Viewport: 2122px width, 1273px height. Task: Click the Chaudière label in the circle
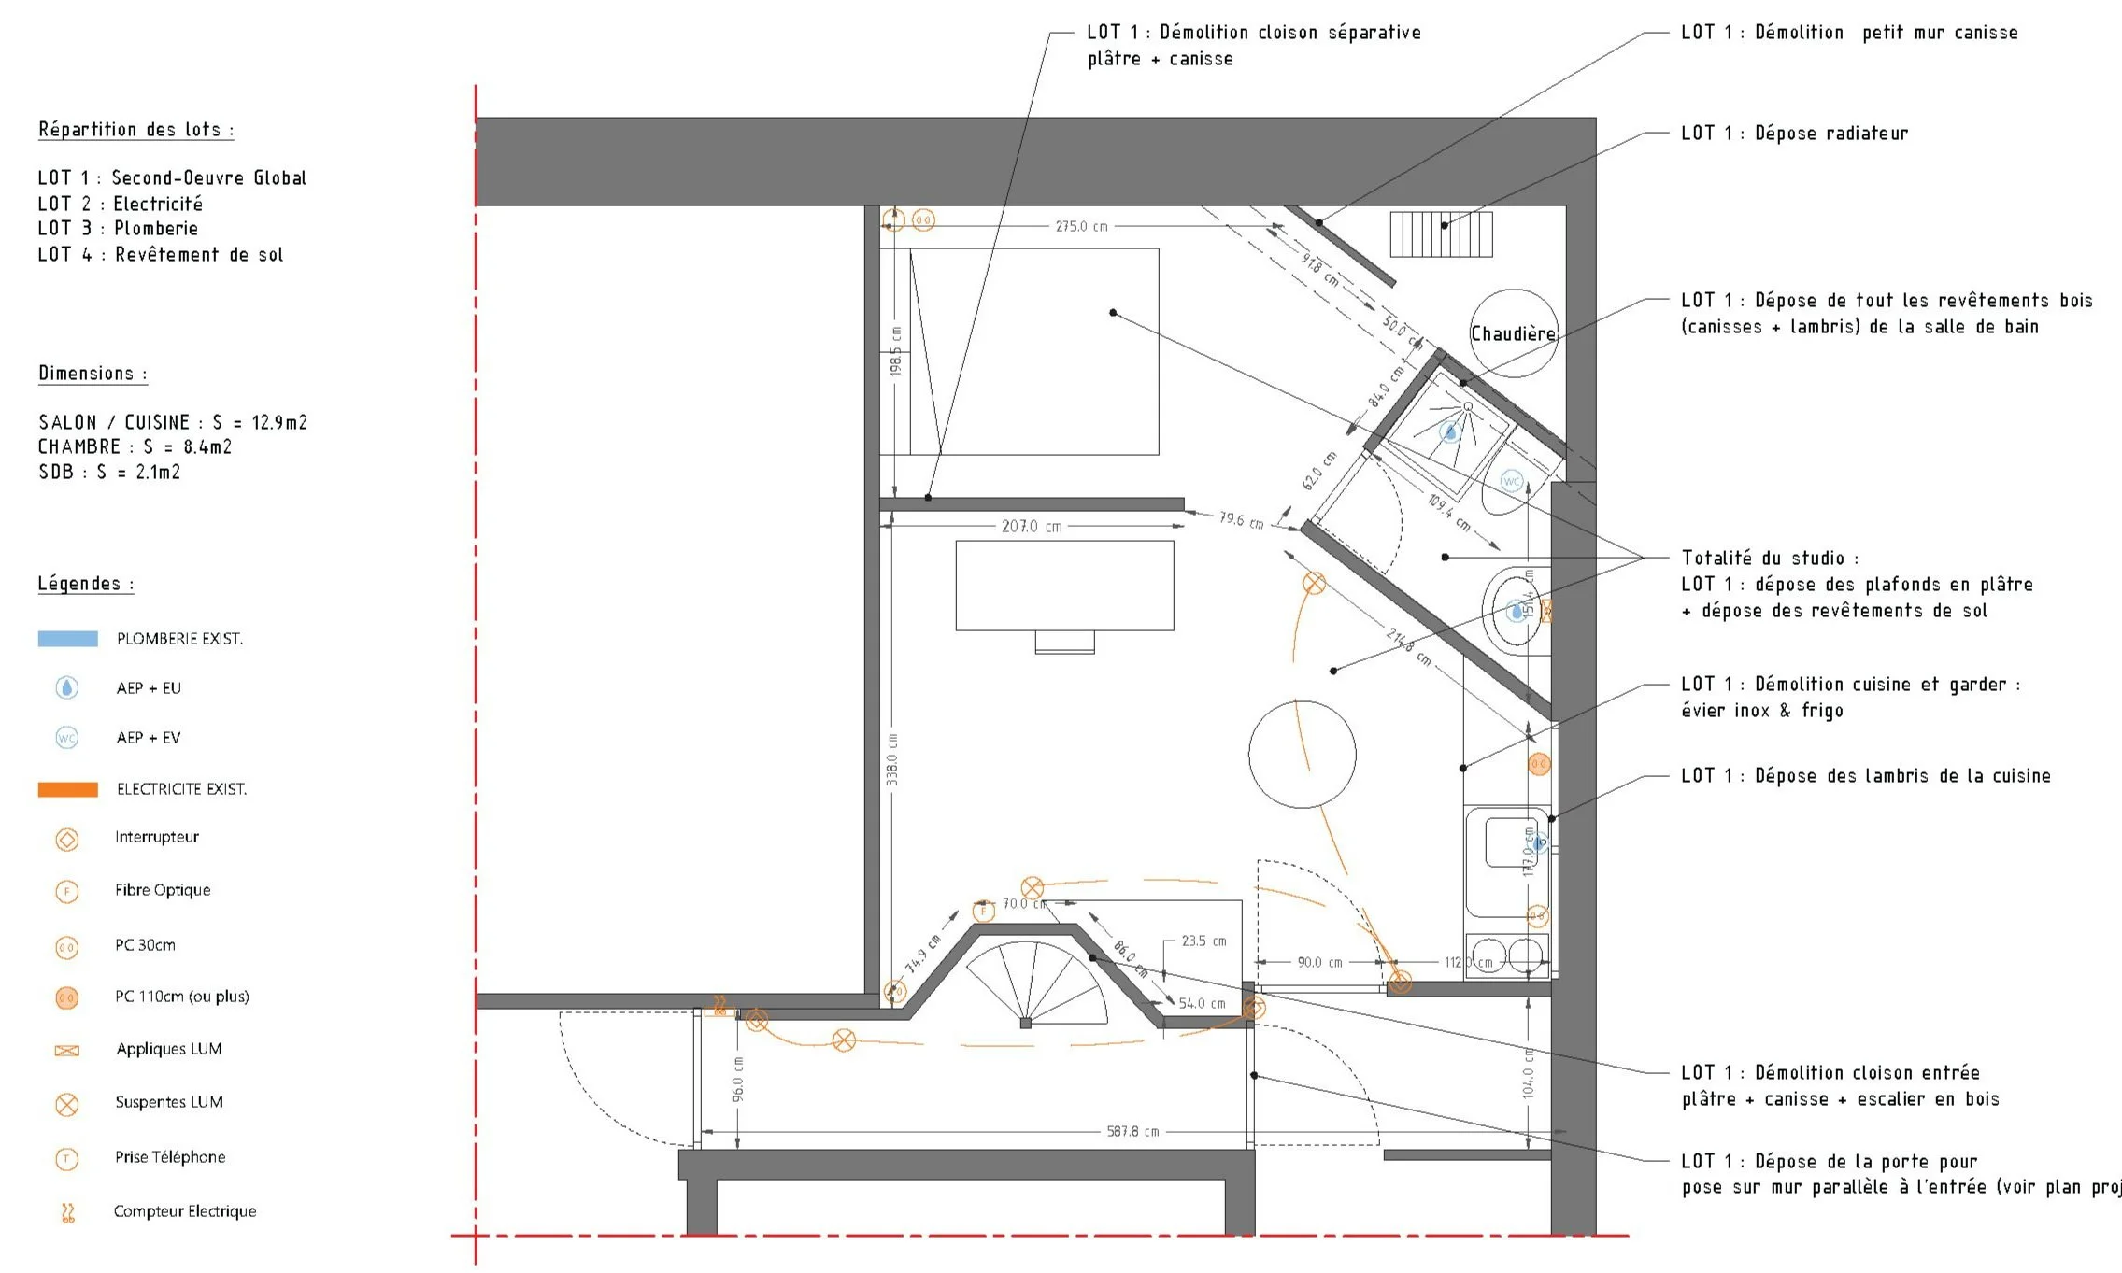tap(1513, 334)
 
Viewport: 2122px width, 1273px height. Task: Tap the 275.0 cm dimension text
tap(1081, 226)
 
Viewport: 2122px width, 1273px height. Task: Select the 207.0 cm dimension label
tap(1032, 527)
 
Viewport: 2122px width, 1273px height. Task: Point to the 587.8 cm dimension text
tap(1132, 1132)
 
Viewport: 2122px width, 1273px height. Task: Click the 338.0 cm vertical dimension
tap(892, 758)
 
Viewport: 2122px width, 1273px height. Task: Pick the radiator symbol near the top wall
tap(1441, 234)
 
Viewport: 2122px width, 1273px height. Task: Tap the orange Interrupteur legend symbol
tap(67, 839)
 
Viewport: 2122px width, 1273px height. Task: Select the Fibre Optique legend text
tap(163, 890)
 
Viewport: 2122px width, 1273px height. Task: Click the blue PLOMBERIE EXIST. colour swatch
tap(67, 639)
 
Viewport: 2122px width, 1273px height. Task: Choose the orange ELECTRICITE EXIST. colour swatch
tap(67, 789)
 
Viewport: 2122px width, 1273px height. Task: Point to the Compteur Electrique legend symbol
tap(67, 1212)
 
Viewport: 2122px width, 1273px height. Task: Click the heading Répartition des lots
tap(135, 130)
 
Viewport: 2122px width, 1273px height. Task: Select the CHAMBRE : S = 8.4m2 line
tap(135, 447)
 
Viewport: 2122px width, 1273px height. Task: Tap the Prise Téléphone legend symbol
tap(67, 1159)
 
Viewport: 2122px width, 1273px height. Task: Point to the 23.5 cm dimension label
tap(1203, 941)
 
